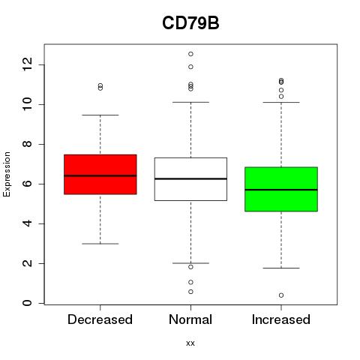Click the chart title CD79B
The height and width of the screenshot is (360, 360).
click(190, 23)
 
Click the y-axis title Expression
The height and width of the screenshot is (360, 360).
click(7, 174)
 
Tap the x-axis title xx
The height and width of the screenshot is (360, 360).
click(190, 343)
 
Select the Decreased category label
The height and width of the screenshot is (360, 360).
click(100, 319)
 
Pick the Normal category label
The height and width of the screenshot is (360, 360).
click(190, 319)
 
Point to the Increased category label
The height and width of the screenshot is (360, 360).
click(281, 319)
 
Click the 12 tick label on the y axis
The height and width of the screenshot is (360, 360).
click(28, 64)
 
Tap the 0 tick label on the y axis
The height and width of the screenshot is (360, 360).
click(28, 303)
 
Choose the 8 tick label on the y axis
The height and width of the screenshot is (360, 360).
click(28, 144)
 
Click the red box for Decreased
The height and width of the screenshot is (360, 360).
click(100, 175)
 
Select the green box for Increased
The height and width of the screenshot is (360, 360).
click(281, 189)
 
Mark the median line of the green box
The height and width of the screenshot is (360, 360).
click(281, 190)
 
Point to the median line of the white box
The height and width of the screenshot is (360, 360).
click(190, 178)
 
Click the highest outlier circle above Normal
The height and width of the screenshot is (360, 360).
click(190, 54)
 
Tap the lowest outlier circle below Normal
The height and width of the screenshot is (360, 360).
click(190, 292)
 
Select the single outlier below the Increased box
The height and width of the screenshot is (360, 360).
click(281, 295)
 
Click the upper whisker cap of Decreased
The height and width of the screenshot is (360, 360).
click(100, 115)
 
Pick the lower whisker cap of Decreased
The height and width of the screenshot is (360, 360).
click(100, 244)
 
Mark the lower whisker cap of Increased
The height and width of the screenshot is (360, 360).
click(281, 268)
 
